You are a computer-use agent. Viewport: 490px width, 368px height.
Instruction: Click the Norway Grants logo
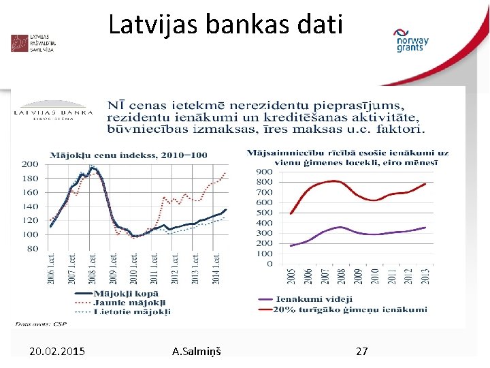pos(411,40)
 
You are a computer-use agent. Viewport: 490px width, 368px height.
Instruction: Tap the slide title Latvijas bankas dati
pos(226,25)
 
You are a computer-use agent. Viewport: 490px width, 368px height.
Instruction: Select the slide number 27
pos(362,351)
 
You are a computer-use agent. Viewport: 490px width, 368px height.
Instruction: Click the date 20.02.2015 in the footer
pos(57,351)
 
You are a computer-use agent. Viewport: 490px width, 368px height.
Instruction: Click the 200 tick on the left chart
pos(30,164)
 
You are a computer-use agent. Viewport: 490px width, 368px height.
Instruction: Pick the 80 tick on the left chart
pos(32,249)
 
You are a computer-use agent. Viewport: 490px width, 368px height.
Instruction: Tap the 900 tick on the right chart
pos(265,172)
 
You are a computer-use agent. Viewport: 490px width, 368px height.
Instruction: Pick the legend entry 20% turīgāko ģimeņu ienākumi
pos(351,309)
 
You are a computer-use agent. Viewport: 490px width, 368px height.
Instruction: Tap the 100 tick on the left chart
pos(30,234)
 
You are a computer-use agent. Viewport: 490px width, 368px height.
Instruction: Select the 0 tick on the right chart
pos(269,264)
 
